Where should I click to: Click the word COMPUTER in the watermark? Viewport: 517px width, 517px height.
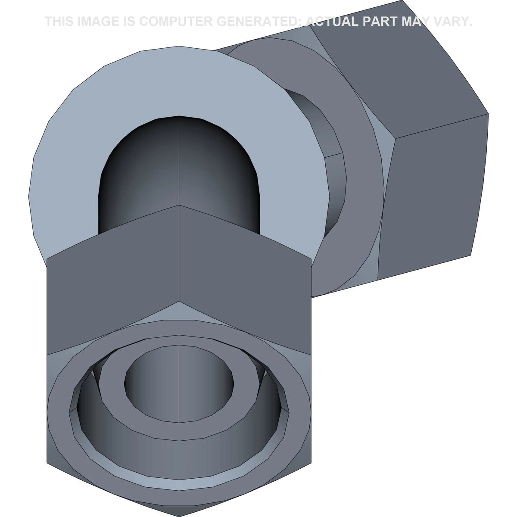pyautogui.click(x=175, y=22)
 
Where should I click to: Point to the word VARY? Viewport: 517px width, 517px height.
pyautogui.click(x=449, y=22)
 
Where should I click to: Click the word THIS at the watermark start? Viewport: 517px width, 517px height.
pyautogui.click(x=59, y=22)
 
